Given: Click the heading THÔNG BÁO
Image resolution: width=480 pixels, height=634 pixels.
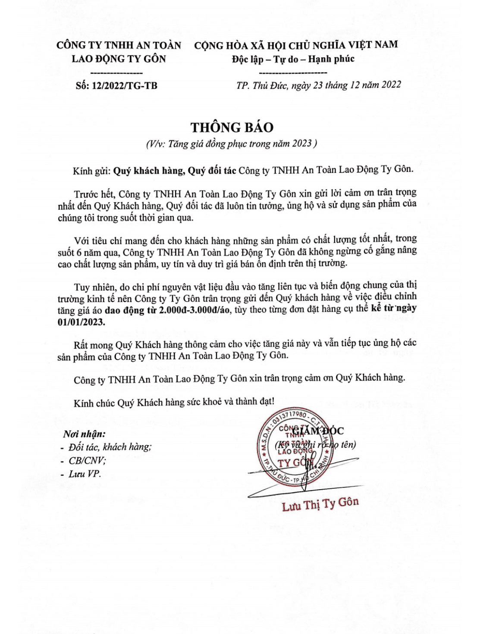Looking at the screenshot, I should click(x=232, y=128).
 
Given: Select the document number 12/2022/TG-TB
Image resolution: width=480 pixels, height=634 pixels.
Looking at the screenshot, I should click(x=123, y=85).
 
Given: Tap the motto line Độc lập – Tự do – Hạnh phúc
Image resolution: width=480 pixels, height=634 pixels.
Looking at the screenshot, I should click(x=293, y=59).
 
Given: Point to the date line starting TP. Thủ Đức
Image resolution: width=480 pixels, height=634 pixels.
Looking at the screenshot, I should click(x=318, y=85).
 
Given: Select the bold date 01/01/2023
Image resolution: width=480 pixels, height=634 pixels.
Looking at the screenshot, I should click(x=81, y=322).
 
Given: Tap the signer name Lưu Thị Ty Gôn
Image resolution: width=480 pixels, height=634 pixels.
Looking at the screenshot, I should click(x=320, y=503).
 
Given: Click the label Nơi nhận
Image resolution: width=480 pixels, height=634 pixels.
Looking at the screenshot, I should click(x=84, y=434).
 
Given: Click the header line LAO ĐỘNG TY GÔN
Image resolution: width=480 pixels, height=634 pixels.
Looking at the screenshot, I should click(x=119, y=59).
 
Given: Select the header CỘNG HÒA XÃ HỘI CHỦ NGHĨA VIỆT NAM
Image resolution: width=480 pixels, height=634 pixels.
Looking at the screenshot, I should click(x=296, y=45).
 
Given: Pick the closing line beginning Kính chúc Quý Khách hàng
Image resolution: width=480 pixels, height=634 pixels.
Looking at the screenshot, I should click(x=174, y=403).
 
